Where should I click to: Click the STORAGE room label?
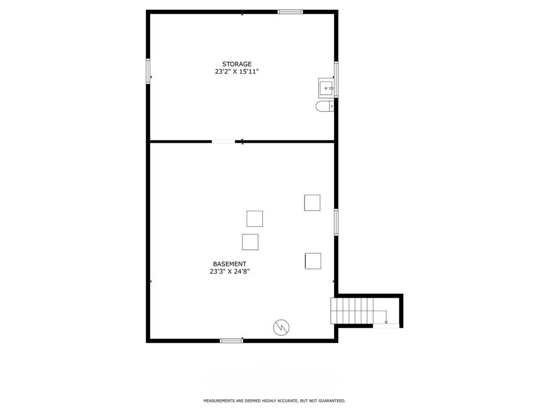[x=236, y=64]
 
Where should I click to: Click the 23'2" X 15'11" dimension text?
[x=236, y=72]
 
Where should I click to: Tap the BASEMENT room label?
[x=229, y=264]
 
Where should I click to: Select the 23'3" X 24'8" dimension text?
[x=229, y=271]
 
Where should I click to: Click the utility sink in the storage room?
[x=327, y=88]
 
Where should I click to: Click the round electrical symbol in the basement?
[x=281, y=327]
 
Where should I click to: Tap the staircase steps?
[x=352, y=311]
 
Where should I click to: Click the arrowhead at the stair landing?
[x=386, y=322]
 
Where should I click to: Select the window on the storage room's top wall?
[x=290, y=12]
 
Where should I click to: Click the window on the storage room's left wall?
[x=148, y=71]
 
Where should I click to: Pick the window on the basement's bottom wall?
[x=232, y=341]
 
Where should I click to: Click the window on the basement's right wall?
[x=336, y=222]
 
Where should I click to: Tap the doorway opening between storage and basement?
[x=224, y=142]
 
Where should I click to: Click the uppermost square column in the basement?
[x=312, y=203]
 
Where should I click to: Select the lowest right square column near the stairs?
[x=313, y=261]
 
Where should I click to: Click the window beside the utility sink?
[x=336, y=79]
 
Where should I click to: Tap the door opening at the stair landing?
[x=386, y=326]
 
